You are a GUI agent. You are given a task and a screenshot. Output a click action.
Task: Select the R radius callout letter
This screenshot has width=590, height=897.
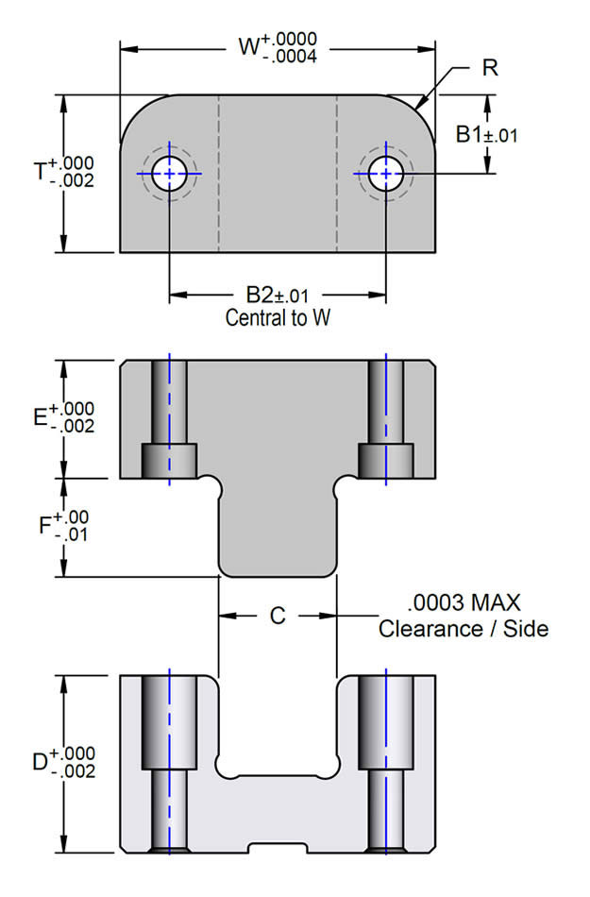(489, 68)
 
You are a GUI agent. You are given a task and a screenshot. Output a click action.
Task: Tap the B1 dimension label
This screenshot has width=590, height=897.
(470, 135)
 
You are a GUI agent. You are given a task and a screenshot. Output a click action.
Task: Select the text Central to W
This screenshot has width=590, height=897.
(278, 318)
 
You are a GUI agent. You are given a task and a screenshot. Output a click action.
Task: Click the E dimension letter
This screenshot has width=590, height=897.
(41, 417)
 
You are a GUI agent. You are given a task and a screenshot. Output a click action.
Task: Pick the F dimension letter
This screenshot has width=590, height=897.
(44, 526)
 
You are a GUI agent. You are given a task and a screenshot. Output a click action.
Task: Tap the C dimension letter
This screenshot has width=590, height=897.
(278, 616)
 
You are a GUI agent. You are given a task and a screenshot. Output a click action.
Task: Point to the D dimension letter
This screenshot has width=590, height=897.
(42, 761)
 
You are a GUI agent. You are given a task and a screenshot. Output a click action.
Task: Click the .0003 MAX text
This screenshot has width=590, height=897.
(464, 602)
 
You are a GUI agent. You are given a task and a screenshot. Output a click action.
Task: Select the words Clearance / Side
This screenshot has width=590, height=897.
(464, 628)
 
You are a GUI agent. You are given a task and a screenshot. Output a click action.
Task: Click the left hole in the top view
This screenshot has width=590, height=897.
(169, 174)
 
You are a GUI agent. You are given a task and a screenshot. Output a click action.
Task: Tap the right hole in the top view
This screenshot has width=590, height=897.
(386, 174)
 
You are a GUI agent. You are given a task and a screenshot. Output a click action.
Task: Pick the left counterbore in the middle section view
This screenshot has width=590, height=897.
(169, 460)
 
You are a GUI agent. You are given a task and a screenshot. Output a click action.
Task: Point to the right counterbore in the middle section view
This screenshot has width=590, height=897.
(386, 460)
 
